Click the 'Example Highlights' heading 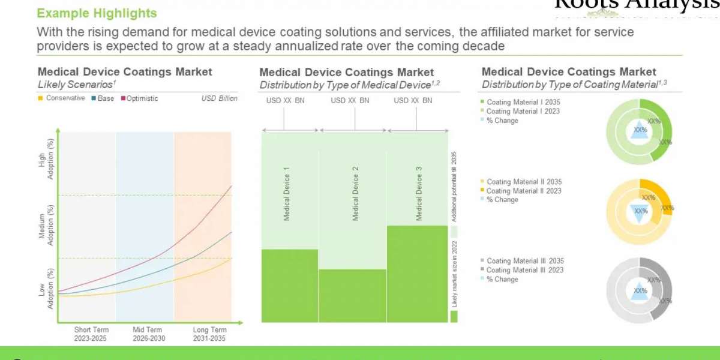pyautogui.click(x=97, y=13)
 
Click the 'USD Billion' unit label pyautogui.click(x=219, y=98)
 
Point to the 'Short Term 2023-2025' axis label pyautogui.click(x=91, y=334)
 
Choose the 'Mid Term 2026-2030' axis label pyautogui.click(x=147, y=334)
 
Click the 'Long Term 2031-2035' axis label pyautogui.click(x=209, y=334)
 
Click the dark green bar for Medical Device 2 pyautogui.click(x=352, y=295)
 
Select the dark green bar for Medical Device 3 pyautogui.click(x=418, y=274)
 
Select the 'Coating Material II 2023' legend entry pyautogui.click(x=524, y=191)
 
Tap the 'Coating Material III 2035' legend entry pyautogui.click(x=525, y=261)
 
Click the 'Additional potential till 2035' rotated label pyautogui.click(x=454, y=186)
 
